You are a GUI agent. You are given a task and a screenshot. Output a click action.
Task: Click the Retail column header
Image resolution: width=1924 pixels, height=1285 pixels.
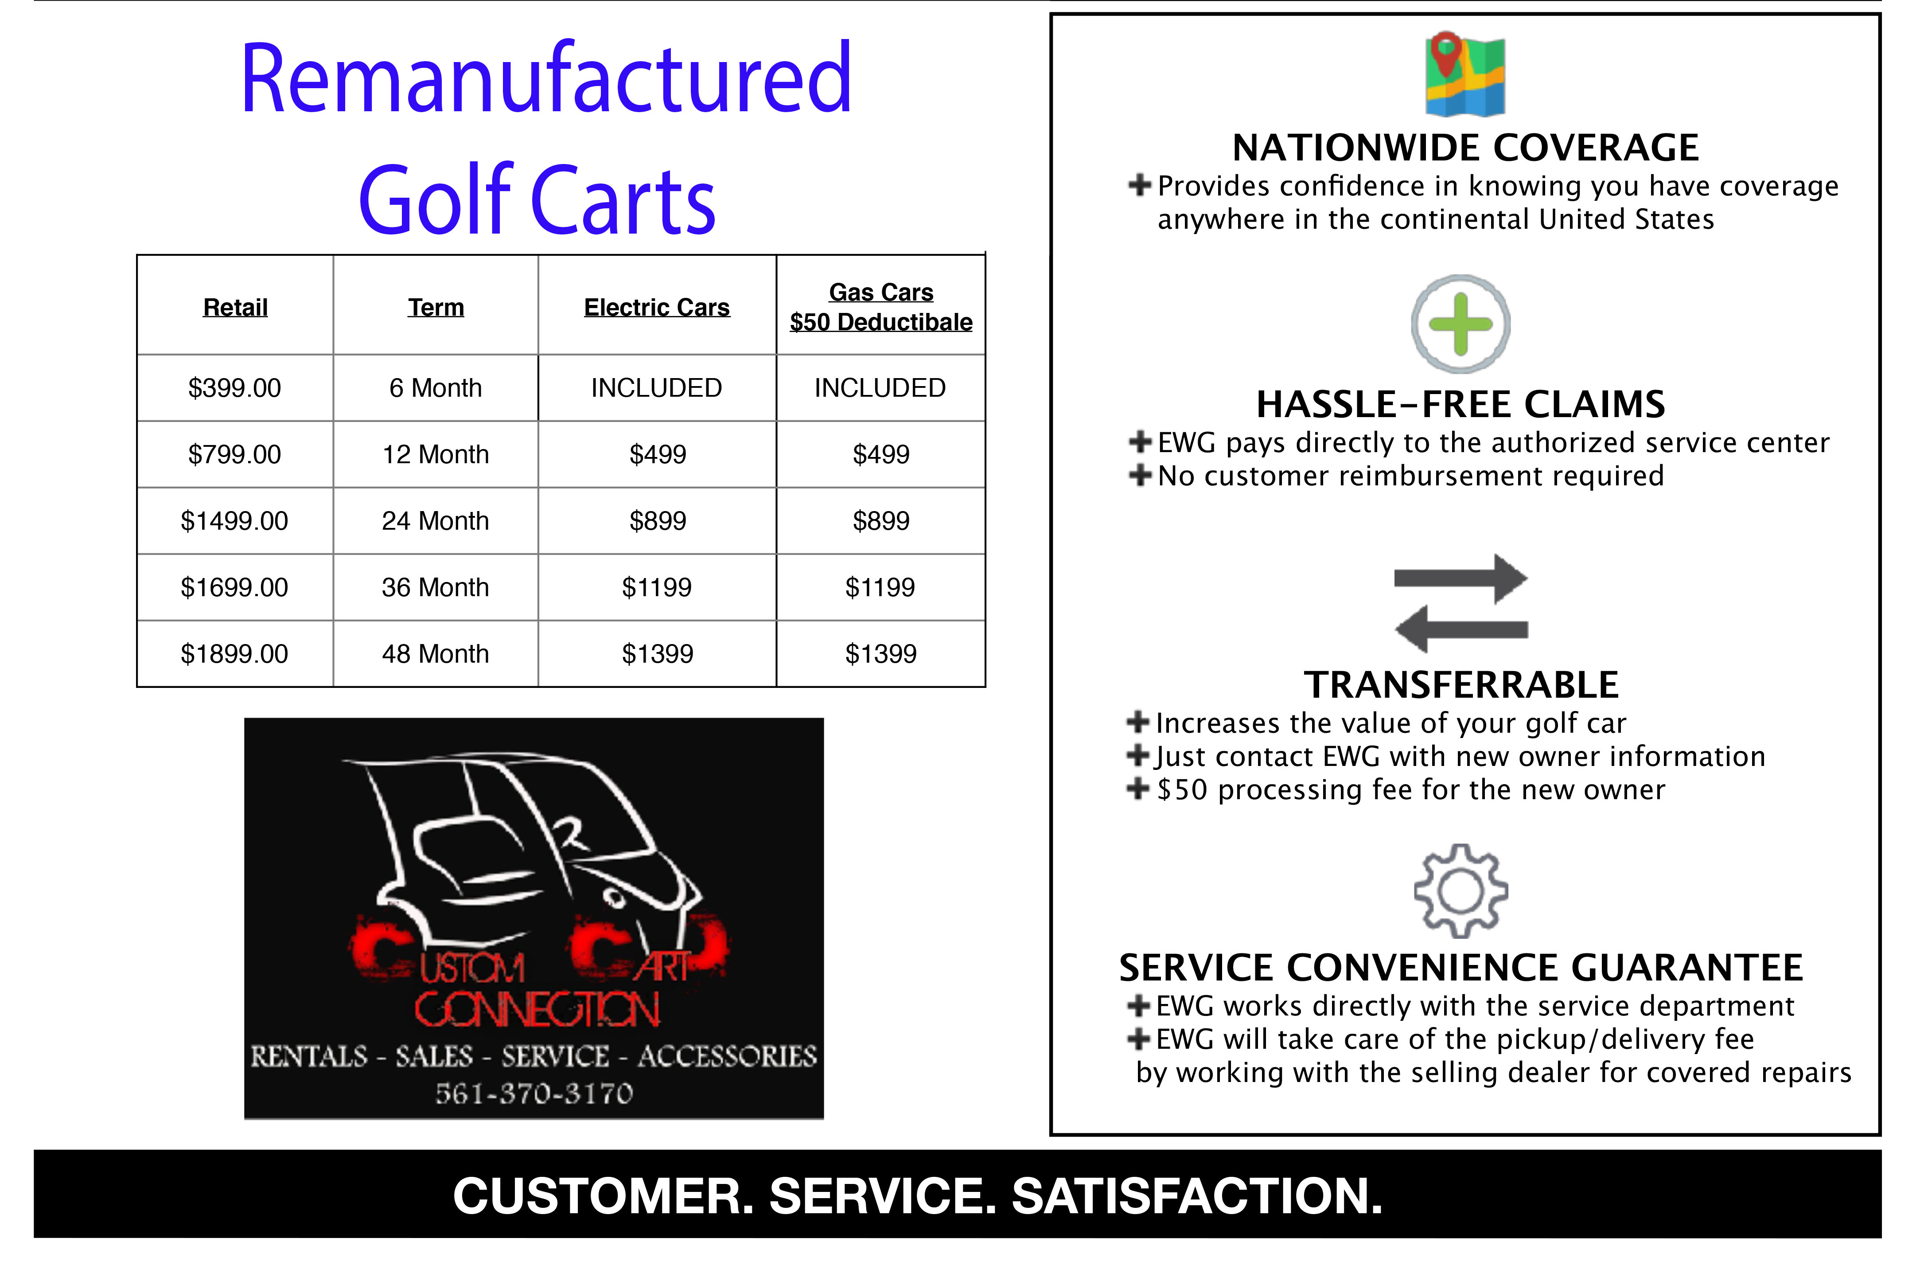(x=235, y=307)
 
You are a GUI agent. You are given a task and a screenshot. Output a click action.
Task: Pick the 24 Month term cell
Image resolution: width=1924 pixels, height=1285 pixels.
(x=435, y=520)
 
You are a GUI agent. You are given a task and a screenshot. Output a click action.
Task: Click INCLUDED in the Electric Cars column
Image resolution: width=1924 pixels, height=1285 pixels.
(x=656, y=388)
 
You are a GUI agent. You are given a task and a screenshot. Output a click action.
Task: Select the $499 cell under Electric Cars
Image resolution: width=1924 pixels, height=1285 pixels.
(x=657, y=454)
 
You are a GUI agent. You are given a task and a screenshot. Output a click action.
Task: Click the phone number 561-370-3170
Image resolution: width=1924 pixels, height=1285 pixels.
(x=534, y=1093)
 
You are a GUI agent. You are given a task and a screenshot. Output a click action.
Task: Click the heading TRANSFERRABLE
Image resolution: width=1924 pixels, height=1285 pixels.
(x=1461, y=684)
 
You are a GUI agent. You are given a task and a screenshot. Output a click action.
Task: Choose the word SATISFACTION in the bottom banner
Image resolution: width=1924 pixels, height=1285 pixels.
(x=1197, y=1195)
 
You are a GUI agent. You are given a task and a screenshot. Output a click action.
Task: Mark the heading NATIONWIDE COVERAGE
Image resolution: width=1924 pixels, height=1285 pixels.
(x=1465, y=148)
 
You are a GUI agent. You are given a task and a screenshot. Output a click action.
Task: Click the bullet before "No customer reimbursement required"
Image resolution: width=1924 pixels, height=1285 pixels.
(x=1139, y=475)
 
